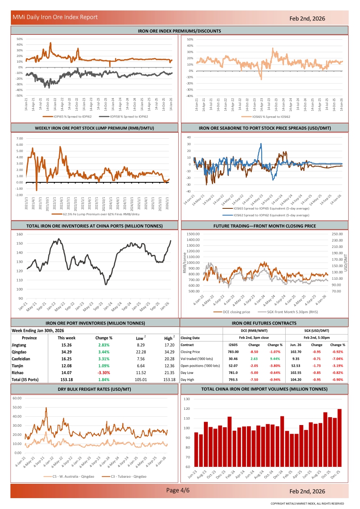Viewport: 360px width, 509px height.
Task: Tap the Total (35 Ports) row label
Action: click(25, 379)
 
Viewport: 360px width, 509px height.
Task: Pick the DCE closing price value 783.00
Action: click(233, 352)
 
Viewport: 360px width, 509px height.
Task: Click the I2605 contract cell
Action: click(233, 345)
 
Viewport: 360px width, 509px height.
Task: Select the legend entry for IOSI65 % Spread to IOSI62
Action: click(265, 117)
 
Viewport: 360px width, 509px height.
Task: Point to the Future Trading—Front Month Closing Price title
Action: click(265, 226)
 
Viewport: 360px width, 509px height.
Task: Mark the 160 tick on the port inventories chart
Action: click(20, 234)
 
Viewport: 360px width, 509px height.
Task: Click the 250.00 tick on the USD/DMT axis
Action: click(337, 234)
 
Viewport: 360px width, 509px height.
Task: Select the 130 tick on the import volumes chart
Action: click(187, 399)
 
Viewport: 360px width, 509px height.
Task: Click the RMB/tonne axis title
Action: click(185, 262)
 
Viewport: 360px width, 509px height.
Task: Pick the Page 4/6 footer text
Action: click(178, 490)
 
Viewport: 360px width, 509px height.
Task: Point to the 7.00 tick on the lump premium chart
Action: click(20, 138)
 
